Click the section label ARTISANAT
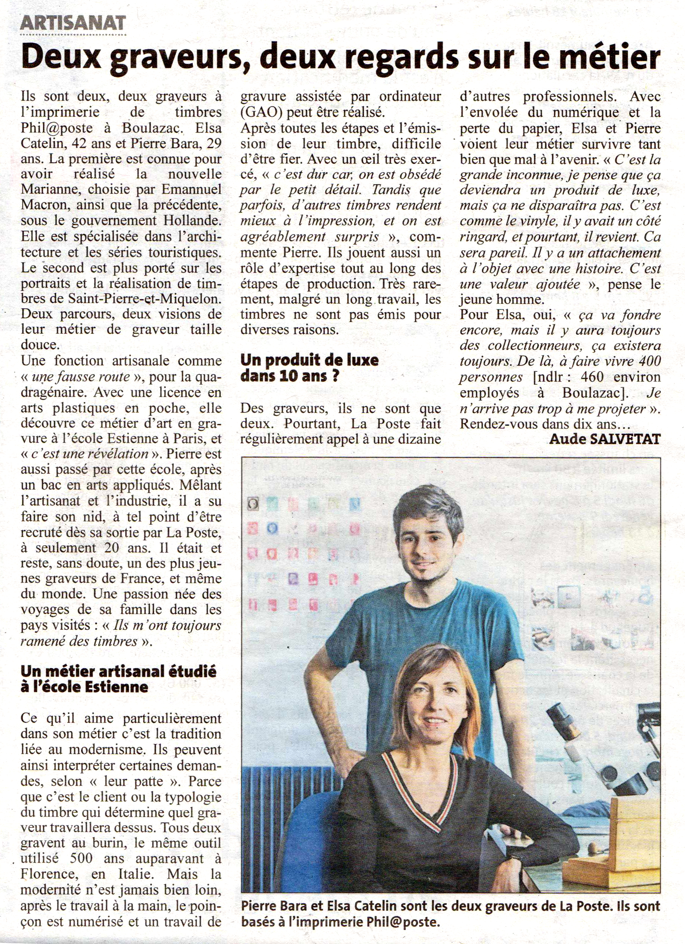(x=73, y=22)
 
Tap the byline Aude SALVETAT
(x=605, y=439)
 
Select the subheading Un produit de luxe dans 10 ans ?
(x=310, y=368)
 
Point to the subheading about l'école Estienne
(x=118, y=679)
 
